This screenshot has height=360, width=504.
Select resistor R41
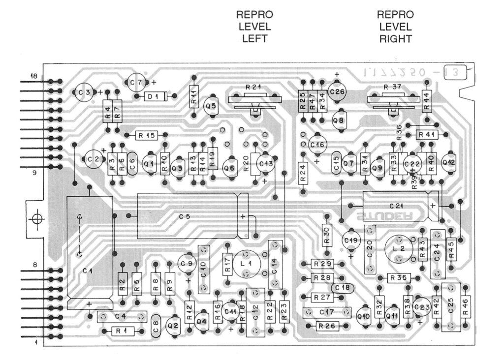[427, 134]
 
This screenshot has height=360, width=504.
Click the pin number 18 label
[34, 76]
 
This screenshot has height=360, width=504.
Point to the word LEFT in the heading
[254, 39]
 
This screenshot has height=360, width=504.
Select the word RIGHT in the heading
[395, 39]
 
